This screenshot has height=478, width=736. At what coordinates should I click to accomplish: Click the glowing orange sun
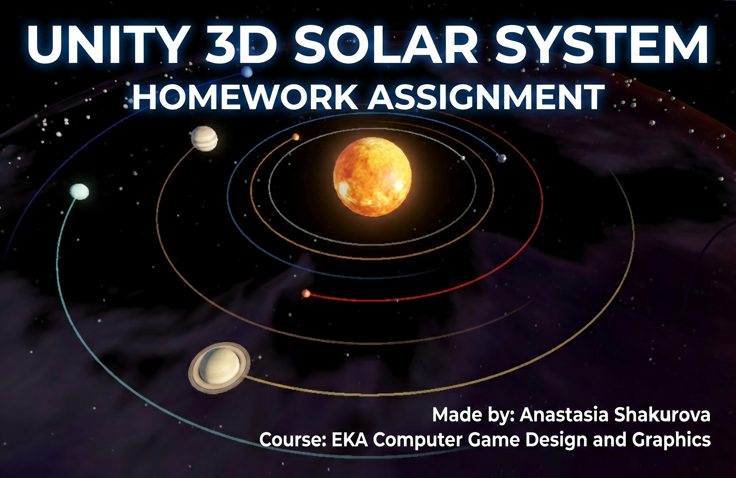coord(372,177)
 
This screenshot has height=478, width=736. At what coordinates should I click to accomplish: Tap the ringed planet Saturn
coord(219,367)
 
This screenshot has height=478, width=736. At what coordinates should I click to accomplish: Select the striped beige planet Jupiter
coord(204,139)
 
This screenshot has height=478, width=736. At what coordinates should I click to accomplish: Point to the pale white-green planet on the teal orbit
coord(79,192)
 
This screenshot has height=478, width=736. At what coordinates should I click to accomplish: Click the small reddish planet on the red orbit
coord(306,293)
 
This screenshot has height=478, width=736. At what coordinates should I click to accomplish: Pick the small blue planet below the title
coord(247,72)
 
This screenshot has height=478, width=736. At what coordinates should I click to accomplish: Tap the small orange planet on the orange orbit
coord(296,137)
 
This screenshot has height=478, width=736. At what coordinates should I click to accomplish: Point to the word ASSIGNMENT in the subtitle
coord(486,97)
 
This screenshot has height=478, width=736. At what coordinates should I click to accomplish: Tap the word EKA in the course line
coord(349,440)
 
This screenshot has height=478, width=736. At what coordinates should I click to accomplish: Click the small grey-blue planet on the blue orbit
coord(502,159)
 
